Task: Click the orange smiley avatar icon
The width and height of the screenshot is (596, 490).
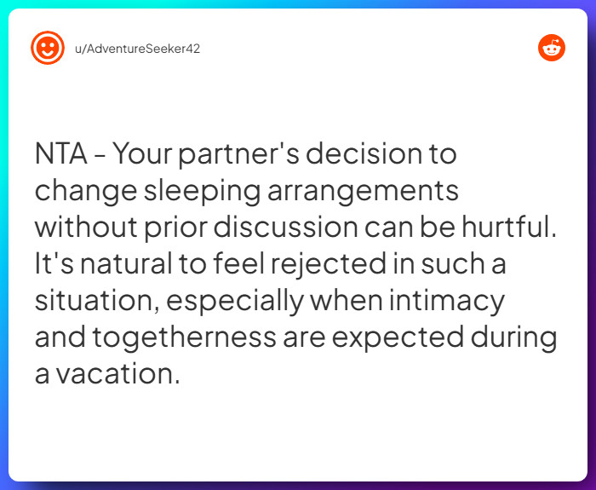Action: point(48,48)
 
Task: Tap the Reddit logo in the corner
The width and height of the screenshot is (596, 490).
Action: point(552,48)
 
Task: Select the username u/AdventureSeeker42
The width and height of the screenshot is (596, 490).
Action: point(137,48)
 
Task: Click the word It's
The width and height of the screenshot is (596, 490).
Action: point(53,264)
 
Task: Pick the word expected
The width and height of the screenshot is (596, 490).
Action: point(398,337)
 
